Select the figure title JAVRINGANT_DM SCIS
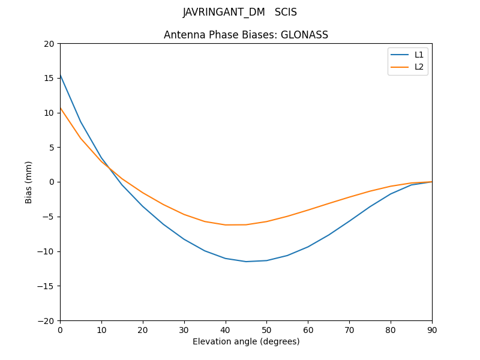(240, 13)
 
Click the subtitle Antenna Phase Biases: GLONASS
(246, 35)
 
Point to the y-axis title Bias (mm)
(29, 182)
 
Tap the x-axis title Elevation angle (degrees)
(246, 342)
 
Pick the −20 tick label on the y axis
(47, 320)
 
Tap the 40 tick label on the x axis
(226, 329)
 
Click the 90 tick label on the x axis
(432, 329)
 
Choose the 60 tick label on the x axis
(308, 329)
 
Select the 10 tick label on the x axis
(101, 329)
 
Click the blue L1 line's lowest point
(246, 262)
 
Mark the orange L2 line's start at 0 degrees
(61, 108)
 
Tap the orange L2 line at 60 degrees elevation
(308, 210)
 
